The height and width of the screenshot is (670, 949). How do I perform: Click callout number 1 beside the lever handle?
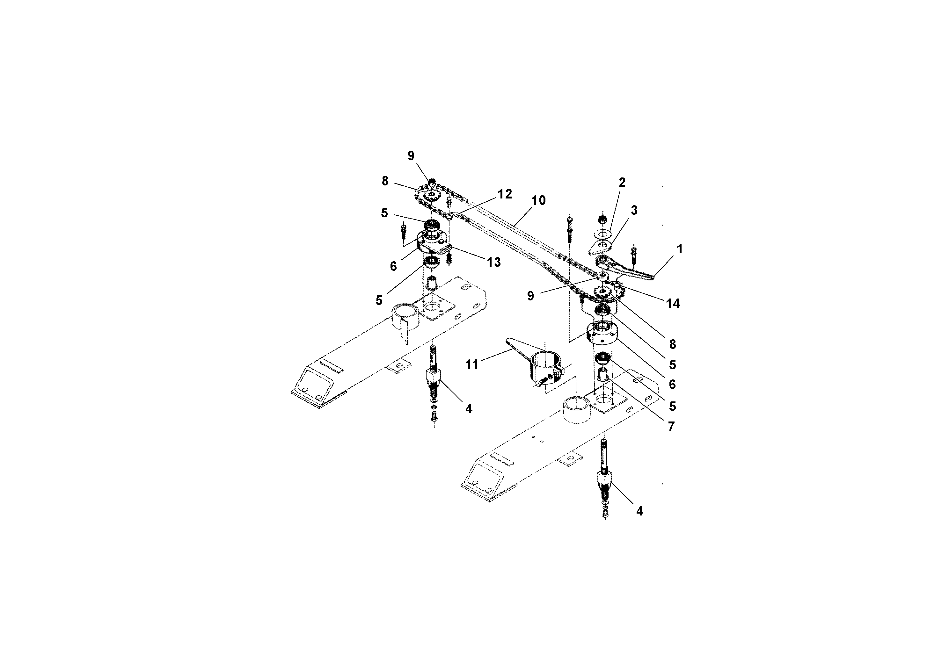(x=680, y=249)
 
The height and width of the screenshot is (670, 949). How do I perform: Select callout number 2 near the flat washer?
(x=622, y=183)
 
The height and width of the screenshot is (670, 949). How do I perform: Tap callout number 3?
(x=634, y=210)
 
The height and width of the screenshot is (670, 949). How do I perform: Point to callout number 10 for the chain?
(x=538, y=201)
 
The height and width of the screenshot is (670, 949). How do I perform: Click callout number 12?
(x=505, y=194)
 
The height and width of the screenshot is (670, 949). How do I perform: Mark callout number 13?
(x=493, y=262)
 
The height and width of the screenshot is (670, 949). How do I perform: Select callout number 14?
(x=673, y=304)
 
